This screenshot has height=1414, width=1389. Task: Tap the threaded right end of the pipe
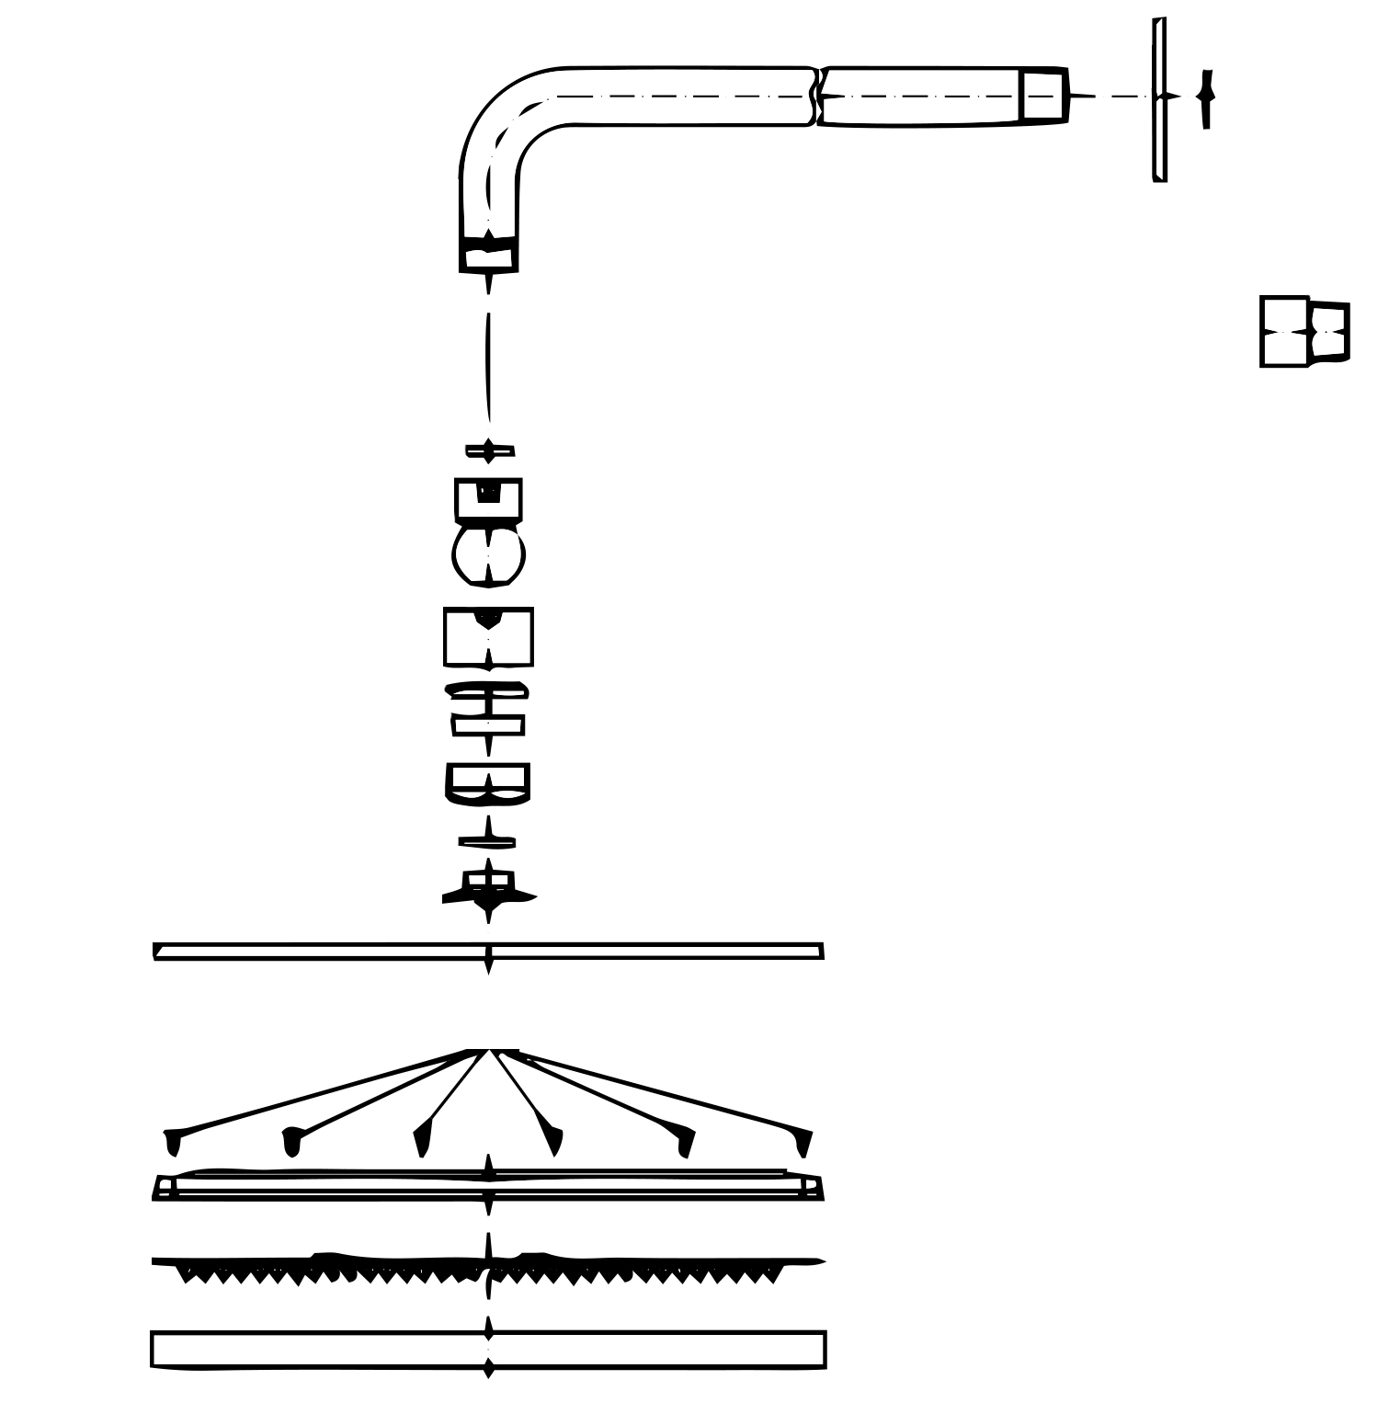coord(1043,96)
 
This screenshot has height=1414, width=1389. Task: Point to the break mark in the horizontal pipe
coord(816,96)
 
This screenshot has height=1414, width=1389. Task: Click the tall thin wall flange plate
coord(1160,99)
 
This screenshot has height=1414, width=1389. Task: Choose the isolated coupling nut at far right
coord(1304,332)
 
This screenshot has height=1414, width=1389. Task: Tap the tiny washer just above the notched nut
coord(489,450)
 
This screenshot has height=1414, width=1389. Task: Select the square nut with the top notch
coord(488,499)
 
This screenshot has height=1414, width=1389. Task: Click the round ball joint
coord(488,555)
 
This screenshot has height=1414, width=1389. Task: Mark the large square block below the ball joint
coord(488,637)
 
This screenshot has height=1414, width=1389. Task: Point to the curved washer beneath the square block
coord(487,689)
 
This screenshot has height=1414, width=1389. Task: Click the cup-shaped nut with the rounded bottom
coord(487,784)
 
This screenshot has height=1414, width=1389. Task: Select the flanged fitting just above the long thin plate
coord(488,890)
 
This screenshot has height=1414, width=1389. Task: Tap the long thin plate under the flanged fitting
coord(488,952)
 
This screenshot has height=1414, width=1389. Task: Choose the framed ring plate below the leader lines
coord(488,1187)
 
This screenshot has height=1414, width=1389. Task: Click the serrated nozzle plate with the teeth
coord(488,1267)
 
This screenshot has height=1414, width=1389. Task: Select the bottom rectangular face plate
coord(488,1350)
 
